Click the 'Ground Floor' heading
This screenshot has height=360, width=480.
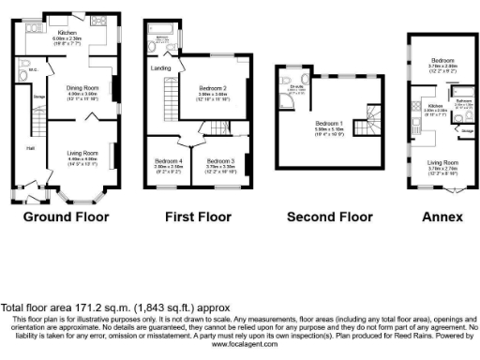(66, 217)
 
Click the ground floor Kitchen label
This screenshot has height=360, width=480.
(67, 32)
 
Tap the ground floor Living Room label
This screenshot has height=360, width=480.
(82, 153)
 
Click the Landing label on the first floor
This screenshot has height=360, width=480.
(158, 67)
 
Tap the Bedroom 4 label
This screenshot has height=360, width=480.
(168, 161)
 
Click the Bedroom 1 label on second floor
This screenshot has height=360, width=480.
(327, 123)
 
